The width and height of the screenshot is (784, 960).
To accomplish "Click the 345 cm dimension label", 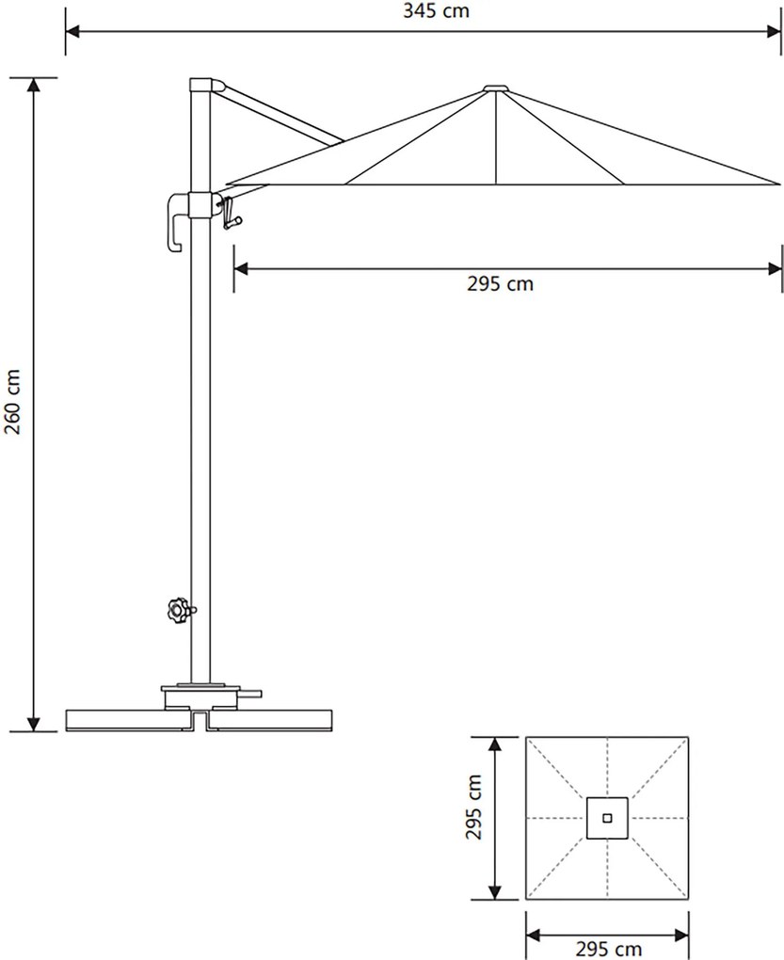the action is [x=436, y=10].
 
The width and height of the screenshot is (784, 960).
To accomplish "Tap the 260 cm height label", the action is [x=12, y=402].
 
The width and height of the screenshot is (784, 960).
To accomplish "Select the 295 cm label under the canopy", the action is [x=500, y=284].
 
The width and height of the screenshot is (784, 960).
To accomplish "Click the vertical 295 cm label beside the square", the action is [x=474, y=807].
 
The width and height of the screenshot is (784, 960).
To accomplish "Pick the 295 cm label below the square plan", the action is [x=608, y=950].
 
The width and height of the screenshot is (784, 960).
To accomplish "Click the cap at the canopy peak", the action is [x=496, y=88].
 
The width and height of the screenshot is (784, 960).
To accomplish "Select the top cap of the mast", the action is [x=207, y=85].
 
